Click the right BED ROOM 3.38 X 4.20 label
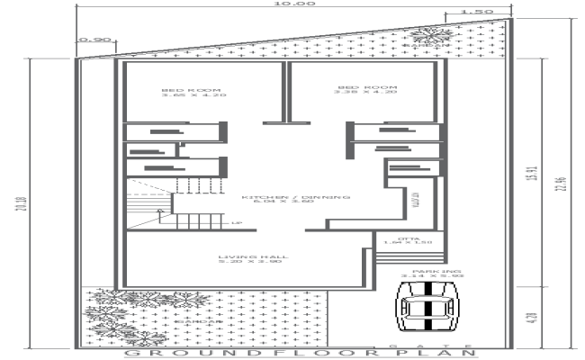(365, 89)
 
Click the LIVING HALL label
(245, 258)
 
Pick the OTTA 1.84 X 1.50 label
(408, 240)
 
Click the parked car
(428, 309)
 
